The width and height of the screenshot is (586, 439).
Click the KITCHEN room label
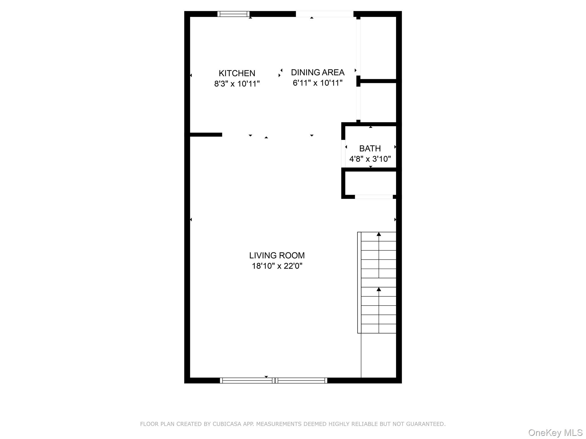click(x=237, y=73)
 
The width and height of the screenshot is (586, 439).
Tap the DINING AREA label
click(x=318, y=72)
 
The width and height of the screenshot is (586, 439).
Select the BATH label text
click(x=370, y=149)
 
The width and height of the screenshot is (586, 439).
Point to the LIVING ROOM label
click(x=277, y=255)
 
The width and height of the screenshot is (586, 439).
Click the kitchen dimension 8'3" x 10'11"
click(x=237, y=84)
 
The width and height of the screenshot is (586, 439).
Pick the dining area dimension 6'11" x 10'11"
click(x=318, y=83)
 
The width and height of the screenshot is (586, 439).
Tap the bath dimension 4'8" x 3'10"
click(x=370, y=159)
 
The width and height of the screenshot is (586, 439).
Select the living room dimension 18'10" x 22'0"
click(x=277, y=266)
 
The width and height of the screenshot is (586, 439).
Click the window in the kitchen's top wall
click(x=233, y=14)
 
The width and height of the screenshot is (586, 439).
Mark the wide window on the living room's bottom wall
click(x=274, y=380)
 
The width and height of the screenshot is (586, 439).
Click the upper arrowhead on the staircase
click(x=379, y=234)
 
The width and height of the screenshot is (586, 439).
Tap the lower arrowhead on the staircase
click(x=379, y=290)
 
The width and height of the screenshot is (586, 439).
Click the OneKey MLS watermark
click(x=555, y=433)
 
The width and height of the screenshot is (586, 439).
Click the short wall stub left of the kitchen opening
click(x=206, y=135)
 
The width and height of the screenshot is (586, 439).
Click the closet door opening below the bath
click(x=374, y=197)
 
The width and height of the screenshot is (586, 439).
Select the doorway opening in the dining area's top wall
click(x=324, y=14)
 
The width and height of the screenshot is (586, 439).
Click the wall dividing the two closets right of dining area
click(x=378, y=81)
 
